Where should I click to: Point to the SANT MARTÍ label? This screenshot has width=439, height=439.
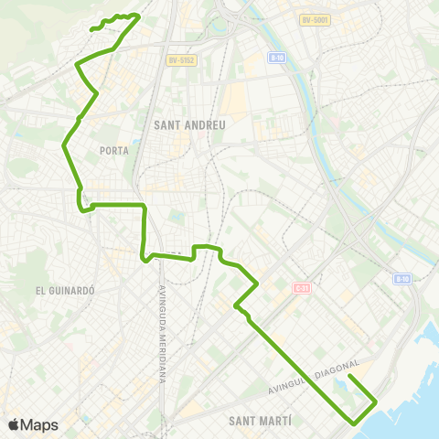click(259, 420)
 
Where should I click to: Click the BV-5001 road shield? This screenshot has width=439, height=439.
click(314, 19)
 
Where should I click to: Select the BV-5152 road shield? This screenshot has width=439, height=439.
click(181, 60)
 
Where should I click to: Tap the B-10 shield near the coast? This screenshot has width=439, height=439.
click(403, 278)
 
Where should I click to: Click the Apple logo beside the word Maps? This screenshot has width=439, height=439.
click(13, 424)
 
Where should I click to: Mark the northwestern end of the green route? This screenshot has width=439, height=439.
click(91, 30)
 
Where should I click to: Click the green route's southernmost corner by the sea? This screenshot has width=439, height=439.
click(355, 423)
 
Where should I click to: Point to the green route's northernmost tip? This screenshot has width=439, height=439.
click(137, 15)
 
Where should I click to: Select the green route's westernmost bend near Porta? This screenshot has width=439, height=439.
click(63, 145)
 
